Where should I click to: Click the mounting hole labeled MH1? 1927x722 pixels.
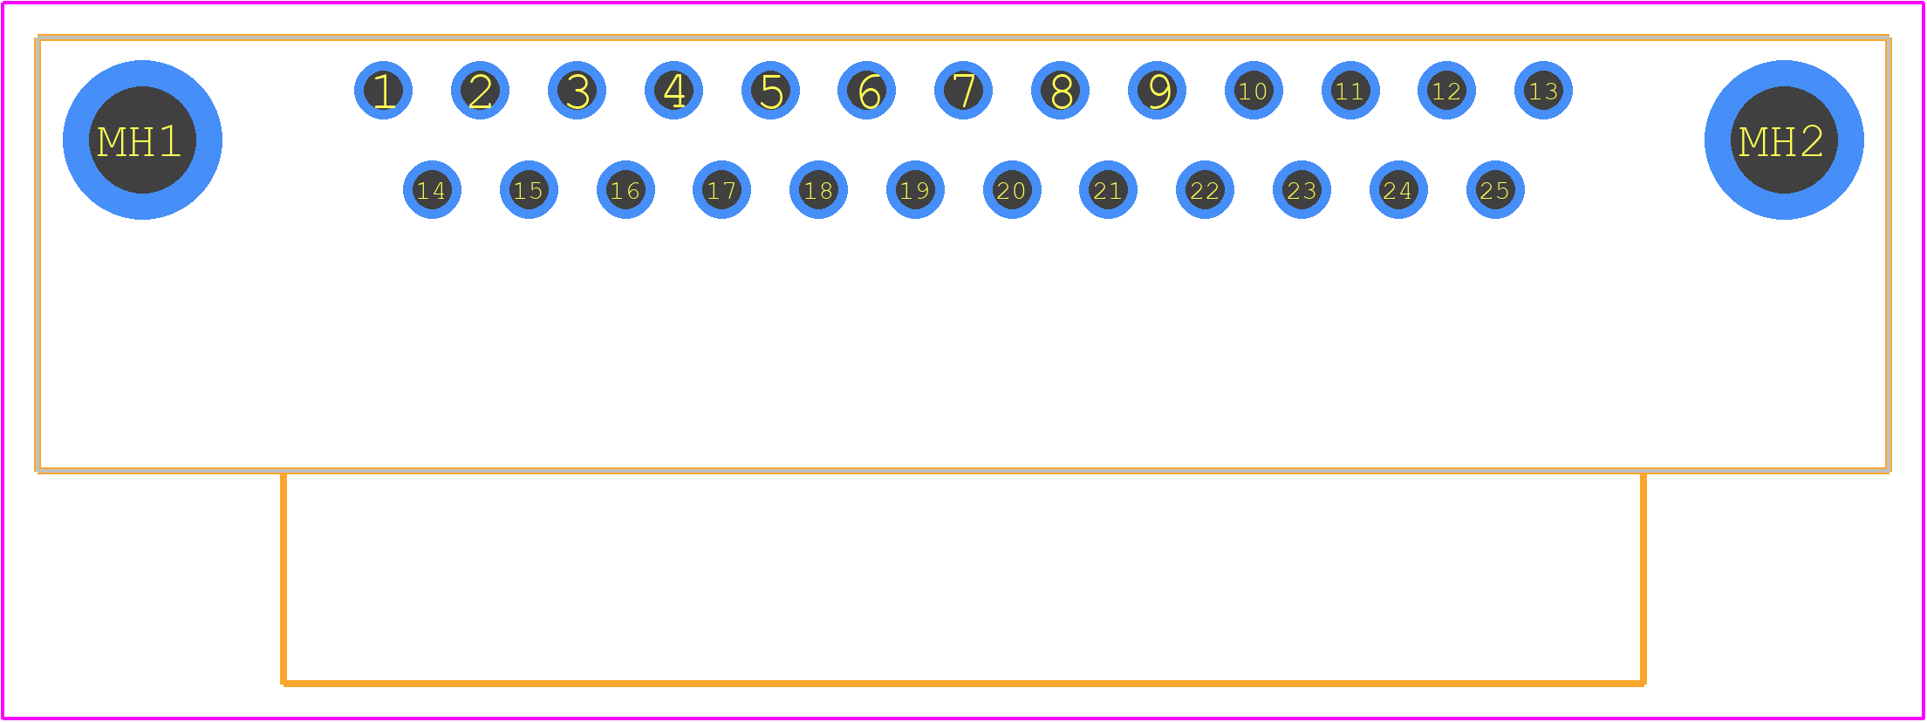pos(142,140)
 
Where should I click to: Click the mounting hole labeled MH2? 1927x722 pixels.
pos(1784,140)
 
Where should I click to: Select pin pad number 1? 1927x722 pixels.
pos(383,90)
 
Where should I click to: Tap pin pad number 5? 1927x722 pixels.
pos(770,90)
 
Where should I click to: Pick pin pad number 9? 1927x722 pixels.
pos(1157,90)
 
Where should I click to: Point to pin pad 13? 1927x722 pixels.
pos(1543,90)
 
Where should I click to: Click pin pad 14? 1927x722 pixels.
pos(432,189)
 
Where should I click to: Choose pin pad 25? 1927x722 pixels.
pos(1495,189)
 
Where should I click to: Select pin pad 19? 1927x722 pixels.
pos(915,189)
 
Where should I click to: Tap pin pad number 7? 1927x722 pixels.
pos(963,90)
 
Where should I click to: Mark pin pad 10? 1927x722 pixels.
pos(1254,90)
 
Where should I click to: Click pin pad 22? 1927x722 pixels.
pos(1205,189)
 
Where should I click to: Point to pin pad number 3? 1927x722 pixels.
pos(577,90)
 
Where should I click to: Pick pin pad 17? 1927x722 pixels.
pos(721,189)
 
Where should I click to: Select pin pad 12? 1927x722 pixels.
pos(1446,90)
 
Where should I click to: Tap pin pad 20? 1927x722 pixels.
pos(1012,189)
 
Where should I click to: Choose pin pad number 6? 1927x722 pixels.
pos(866,90)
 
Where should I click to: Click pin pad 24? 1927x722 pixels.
pos(1398,189)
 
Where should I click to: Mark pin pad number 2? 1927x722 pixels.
pos(480,90)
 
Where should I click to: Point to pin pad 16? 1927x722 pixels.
pos(625,189)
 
